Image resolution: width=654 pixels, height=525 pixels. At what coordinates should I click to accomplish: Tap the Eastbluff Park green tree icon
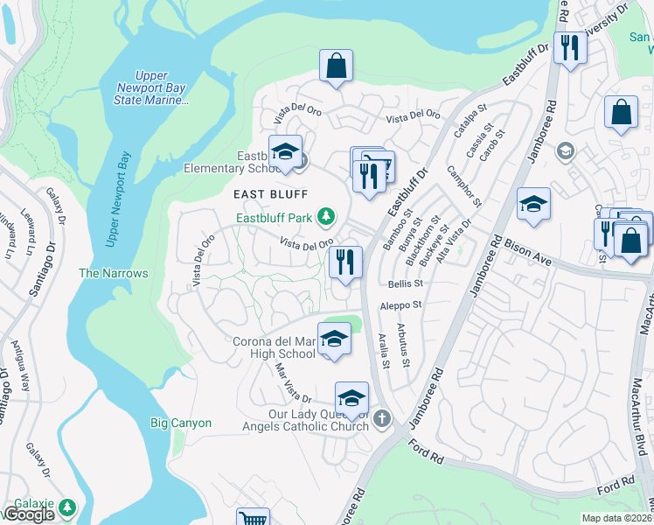[x=326, y=215]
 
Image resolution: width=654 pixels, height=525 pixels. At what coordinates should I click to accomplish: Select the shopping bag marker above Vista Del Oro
[x=336, y=66]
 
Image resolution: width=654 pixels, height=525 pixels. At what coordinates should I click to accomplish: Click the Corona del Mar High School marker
[x=333, y=339]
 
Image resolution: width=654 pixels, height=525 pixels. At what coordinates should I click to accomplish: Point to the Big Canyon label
[x=181, y=423]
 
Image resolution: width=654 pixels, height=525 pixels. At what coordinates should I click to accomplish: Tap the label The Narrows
[x=114, y=274]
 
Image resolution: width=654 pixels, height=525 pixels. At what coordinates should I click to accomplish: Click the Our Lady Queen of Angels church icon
[x=381, y=420]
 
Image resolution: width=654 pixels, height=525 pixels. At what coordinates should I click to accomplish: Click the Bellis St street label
[x=405, y=284]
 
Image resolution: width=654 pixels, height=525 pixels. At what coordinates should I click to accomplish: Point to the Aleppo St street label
[x=401, y=305]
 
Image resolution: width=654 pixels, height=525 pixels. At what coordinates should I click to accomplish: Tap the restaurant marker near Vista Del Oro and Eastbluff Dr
[x=345, y=262]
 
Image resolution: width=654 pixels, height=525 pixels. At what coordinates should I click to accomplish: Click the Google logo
[x=29, y=514]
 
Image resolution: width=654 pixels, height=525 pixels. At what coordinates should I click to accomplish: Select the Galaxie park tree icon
[x=67, y=507]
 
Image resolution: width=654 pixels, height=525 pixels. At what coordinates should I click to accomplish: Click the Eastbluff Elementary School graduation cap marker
[x=285, y=152]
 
